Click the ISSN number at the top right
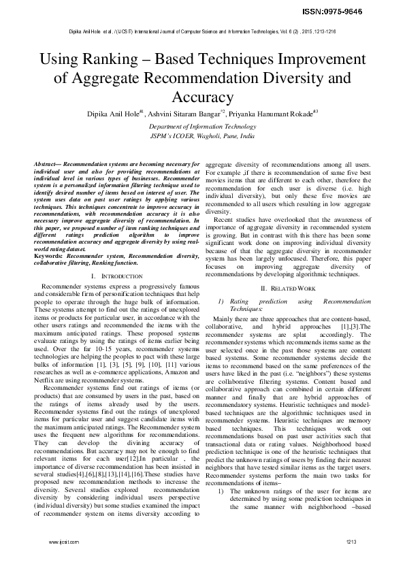coord(363,12)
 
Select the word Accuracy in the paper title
coord(202,97)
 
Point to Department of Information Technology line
coord(202,127)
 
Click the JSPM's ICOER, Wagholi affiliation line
coord(202,136)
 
